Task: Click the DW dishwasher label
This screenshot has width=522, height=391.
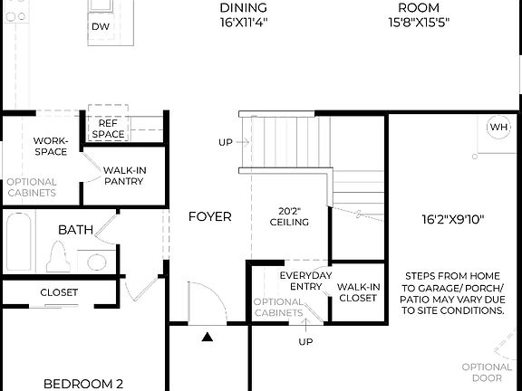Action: pyautogui.click(x=100, y=27)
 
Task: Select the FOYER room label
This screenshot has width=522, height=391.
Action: pyautogui.click(x=209, y=216)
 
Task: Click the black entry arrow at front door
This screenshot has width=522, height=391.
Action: pyautogui.click(x=208, y=338)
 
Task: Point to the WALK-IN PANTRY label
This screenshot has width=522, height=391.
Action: pyautogui.click(x=124, y=176)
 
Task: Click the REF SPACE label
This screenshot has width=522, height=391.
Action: pyautogui.click(x=108, y=128)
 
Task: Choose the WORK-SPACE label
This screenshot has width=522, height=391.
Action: pyautogui.click(x=51, y=146)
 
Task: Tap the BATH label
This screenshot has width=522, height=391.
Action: pyautogui.click(x=75, y=230)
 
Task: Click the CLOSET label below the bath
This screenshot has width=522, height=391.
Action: pyautogui.click(x=59, y=292)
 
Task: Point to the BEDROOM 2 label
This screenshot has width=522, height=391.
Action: pyautogui.click(x=83, y=383)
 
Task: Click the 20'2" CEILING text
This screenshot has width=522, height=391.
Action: pyautogui.click(x=289, y=216)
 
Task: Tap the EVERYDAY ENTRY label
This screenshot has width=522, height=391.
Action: pyautogui.click(x=305, y=281)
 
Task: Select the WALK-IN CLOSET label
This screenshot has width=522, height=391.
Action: pyautogui.click(x=358, y=292)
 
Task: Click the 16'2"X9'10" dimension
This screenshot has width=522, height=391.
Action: pyautogui.click(x=452, y=219)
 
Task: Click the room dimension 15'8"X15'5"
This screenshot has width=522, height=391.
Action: pyautogui.click(x=419, y=22)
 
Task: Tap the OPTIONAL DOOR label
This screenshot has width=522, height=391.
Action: pyautogui.click(x=493, y=373)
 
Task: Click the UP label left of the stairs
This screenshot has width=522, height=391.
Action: pyautogui.click(x=225, y=142)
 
